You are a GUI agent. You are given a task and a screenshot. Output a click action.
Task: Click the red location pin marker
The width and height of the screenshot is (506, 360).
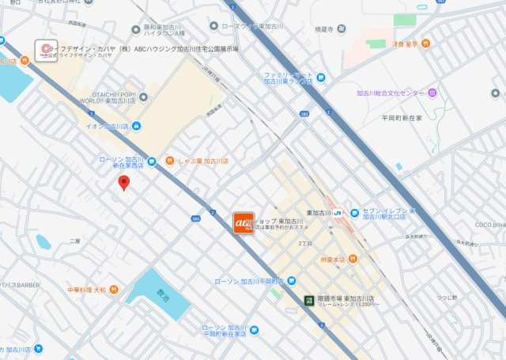[123, 183]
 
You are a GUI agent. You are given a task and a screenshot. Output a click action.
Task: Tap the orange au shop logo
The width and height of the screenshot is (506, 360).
[243, 223]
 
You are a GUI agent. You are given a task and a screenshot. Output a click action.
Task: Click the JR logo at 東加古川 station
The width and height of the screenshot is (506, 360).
[337, 213]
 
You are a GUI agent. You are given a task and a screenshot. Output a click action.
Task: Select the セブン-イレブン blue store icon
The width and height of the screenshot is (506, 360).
[355, 213]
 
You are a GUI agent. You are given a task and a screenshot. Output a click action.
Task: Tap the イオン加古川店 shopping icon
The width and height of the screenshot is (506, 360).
[137, 126]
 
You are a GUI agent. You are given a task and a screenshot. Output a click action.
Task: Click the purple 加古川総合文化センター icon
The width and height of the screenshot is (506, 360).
[432, 93]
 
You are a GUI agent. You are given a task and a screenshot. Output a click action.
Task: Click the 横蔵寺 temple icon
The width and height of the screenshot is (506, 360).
[340, 28]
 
